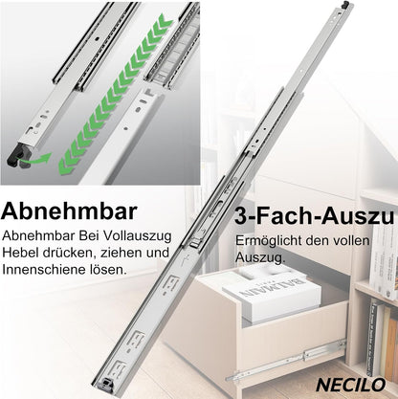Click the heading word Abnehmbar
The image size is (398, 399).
[x=69, y=211]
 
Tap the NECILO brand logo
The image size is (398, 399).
[x=351, y=385]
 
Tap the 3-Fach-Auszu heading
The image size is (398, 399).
[x=315, y=216]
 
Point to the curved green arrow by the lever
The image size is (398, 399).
[x=35, y=159]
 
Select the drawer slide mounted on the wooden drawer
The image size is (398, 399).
[x=286, y=362]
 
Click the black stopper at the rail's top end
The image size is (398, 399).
[x=345, y=5]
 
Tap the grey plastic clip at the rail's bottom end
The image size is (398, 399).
[x=106, y=383]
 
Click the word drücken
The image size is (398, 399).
[x=68, y=253]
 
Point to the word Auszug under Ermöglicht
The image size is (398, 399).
[x=260, y=257]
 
